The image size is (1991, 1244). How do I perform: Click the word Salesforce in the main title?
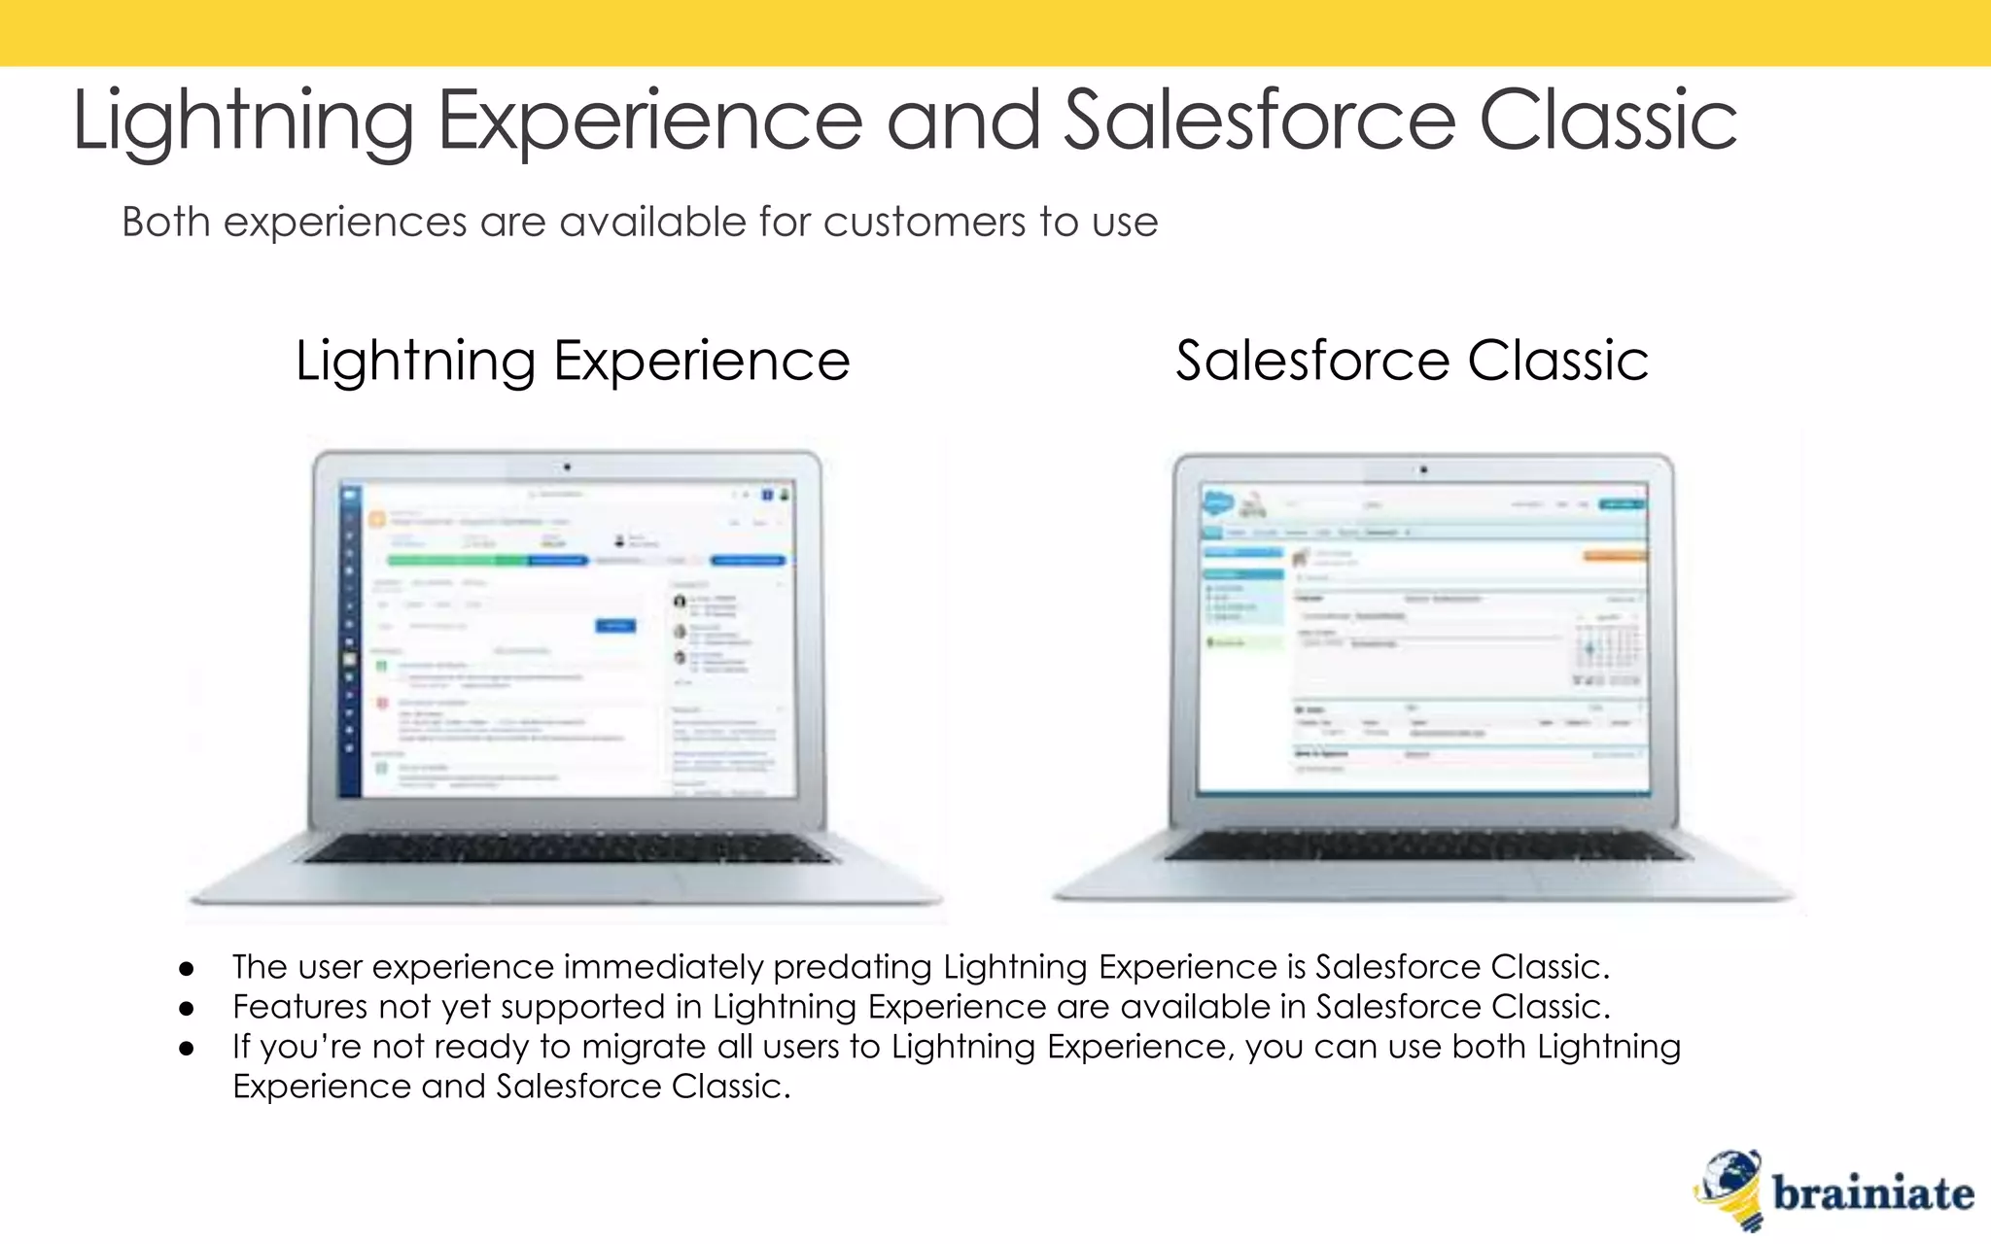[1260, 121]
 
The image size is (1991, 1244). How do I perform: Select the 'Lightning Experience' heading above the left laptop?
[573, 362]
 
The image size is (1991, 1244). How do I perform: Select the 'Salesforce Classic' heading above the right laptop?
[1412, 362]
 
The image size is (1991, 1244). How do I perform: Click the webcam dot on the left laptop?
[568, 467]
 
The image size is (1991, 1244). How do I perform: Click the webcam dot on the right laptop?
[1423, 470]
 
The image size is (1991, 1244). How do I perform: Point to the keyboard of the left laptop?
[568, 848]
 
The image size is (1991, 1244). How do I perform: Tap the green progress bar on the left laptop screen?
[457, 561]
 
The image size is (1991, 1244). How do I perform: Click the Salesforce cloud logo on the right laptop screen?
[1217, 503]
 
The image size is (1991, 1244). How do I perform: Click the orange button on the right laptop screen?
[1614, 556]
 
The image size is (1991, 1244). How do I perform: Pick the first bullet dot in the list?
[187, 969]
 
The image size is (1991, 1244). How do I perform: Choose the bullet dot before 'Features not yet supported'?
[187, 1009]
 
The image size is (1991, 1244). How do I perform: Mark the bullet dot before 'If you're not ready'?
[187, 1049]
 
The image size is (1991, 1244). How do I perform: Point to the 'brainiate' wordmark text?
[1872, 1193]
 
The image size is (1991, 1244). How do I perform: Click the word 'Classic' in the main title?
[1608, 121]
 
